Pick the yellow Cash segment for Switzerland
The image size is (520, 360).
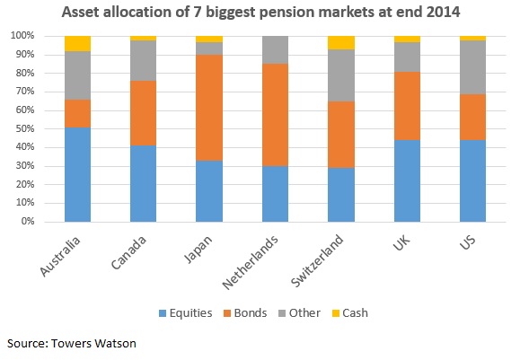point(341,42)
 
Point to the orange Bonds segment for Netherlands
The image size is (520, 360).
point(275,115)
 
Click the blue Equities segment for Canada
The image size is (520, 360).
point(144,183)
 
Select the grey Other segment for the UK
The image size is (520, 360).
point(407,57)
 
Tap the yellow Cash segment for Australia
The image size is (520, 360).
point(78,43)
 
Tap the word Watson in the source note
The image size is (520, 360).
point(117,344)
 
